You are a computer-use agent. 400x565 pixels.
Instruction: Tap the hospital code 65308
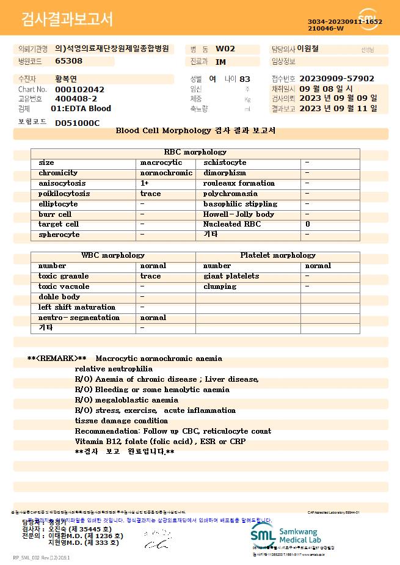click(x=68, y=60)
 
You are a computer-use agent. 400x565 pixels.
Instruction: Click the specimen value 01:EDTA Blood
click(x=81, y=108)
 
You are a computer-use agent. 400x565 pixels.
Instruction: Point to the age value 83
click(x=245, y=79)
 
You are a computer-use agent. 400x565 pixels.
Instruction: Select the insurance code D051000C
click(x=77, y=123)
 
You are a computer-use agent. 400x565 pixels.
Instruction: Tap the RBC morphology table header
click(x=195, y=152)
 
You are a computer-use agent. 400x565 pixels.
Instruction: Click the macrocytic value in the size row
click(x=161, y=162)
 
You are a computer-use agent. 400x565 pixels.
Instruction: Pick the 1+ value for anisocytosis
click(x=145, y=183)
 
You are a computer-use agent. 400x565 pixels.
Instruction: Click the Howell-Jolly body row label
click(x=239, y=214)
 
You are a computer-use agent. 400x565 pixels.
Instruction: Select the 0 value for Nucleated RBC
click(x=307, y=224)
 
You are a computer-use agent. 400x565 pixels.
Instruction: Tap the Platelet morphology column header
click(x=278, y=255)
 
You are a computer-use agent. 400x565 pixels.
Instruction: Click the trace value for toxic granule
click(x=151, y=276)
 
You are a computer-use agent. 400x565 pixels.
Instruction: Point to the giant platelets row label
click(x=231, y=276)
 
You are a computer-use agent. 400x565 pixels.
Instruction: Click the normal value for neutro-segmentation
click(x=153, y=318)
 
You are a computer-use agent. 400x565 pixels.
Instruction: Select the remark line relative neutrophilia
click(x=114, y=369)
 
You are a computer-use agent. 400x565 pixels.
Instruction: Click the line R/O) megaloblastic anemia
click(x=126, y=400)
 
